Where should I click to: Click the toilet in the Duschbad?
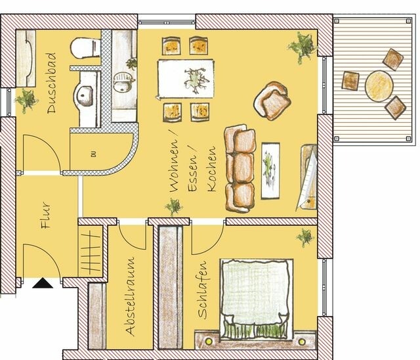82,50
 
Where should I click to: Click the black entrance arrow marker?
43,284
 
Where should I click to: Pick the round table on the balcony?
379,85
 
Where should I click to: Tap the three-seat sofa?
240,170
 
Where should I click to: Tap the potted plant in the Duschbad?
26,99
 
